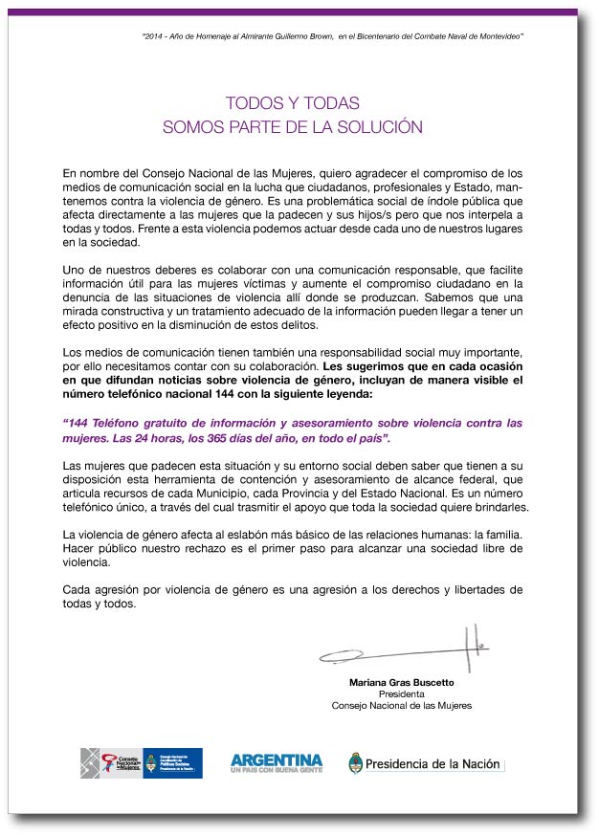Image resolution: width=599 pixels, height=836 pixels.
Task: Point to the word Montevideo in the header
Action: click(497, 35)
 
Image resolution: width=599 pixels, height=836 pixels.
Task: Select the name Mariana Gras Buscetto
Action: click(401, 683)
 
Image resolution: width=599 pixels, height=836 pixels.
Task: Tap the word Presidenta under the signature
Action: click(401, 694)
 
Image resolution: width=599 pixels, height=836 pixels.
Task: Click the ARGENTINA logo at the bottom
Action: click(277, 762)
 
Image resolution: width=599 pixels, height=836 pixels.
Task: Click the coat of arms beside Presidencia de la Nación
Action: click(356, 763)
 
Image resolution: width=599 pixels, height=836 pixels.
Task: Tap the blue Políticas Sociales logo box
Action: click(173, 763)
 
